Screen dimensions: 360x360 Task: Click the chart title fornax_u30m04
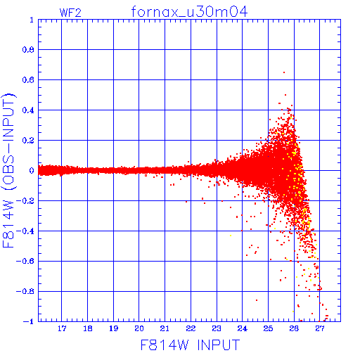(189, 12)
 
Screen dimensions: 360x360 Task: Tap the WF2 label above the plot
(70, 13)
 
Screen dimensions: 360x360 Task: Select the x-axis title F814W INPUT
(190, 345)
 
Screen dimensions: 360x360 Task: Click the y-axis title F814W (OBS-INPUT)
(8, 170)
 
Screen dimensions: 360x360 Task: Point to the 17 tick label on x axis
(62, 328)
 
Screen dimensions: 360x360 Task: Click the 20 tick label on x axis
(139, 328)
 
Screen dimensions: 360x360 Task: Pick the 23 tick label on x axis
(217, 328)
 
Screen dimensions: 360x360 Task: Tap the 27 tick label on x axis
(320, 328)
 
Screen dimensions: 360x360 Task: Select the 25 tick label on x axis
(268, 328)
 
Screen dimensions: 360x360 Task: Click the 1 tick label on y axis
(32, 20)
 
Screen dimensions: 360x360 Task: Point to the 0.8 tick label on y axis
(28, 50)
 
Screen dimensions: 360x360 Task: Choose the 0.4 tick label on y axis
(28, 110)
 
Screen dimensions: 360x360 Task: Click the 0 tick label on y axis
(32, 171)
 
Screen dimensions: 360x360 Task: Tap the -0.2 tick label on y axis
(25, 201)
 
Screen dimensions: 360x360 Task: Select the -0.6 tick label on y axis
(25, 261)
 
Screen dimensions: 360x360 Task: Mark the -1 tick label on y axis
(29, 321)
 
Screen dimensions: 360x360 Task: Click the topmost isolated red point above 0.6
(284, 72)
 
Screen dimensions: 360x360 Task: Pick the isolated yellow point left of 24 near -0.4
(231, 236)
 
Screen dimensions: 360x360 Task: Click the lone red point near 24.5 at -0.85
(257, 300)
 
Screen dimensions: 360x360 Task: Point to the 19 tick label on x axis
(113, 328)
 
